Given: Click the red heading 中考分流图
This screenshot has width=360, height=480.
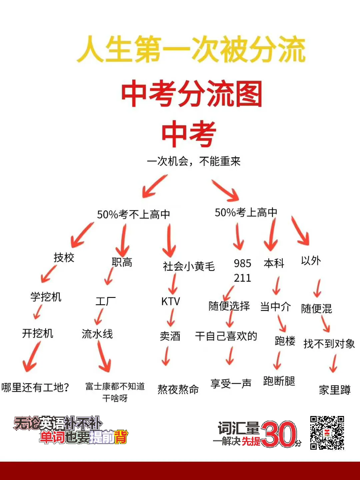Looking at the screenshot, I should click(192, 94).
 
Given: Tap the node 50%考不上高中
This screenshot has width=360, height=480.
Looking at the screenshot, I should click(133, 214).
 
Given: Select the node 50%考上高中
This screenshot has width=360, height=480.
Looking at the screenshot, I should click(246, 212).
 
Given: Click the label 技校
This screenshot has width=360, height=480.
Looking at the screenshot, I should click(64, 257).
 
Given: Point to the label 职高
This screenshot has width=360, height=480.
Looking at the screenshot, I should click(122, 262).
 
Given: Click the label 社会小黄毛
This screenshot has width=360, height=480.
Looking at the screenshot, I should click(189, 266).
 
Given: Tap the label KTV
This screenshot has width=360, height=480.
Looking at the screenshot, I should click(170, 301).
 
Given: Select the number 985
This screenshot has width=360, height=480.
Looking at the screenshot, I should click(242, 263).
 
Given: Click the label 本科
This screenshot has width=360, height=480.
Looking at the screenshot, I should click(274, 263).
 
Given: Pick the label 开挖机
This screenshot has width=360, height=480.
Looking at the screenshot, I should click(37, 333).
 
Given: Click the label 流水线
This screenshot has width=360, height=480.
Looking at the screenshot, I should click(97, 334).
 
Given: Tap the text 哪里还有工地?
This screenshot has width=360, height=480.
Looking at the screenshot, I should click(35, 387).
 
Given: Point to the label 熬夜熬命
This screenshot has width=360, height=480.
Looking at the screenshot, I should click(178, 389).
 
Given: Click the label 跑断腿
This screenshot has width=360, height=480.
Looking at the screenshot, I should click(279, 381).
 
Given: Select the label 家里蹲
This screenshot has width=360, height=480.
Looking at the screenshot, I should click(334, 390).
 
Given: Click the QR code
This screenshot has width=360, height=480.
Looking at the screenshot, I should click(327, 432).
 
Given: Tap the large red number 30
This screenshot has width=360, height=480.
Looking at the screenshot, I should click(278, 434).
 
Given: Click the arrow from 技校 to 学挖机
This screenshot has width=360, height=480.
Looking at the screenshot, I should click(49, 274).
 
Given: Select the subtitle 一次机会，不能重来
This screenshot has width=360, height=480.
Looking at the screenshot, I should click(193, 162).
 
